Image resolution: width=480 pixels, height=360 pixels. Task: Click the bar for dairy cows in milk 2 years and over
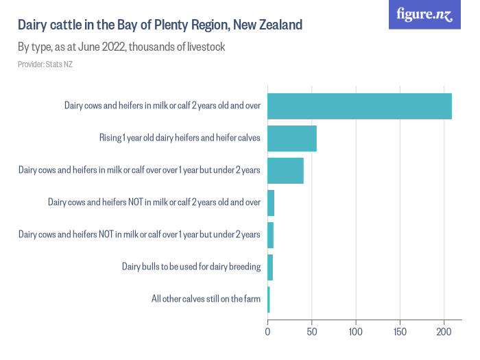click(x=359, y=106)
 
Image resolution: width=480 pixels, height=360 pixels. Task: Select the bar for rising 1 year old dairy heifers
click(x=292, y=138)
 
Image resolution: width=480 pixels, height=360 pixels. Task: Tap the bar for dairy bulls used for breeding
click(x=270, y=267)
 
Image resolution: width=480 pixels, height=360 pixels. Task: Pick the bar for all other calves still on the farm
click(x=269, y=299)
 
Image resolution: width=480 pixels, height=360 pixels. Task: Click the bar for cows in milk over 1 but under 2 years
click(x=285, y=170)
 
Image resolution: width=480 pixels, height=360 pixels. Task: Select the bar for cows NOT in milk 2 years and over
click(x=271, y=202)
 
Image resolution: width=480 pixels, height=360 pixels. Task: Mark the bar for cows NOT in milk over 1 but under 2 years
click(x=270, y=235)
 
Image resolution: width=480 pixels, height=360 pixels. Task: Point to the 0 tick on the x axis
click(x=267, y=332)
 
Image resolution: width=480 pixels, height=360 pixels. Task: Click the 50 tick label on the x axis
click(x=312, y=332)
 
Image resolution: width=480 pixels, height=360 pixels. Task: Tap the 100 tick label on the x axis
click(x=356, y=332)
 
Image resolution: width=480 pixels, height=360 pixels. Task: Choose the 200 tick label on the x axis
click(x=444, y=332)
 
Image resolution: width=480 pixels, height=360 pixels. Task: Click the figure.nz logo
click(x=425, y=14)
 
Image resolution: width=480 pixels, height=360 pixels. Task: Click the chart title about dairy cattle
click(x=160, y=25)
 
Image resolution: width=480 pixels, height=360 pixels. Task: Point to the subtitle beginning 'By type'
click(x=121, y=47)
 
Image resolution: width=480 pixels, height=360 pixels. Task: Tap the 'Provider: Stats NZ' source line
click(x=45, y=64)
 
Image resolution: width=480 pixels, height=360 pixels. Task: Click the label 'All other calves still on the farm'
click(x=206, y=299)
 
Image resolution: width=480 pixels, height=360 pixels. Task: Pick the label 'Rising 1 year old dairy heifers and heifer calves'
click(x=180, y=138)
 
